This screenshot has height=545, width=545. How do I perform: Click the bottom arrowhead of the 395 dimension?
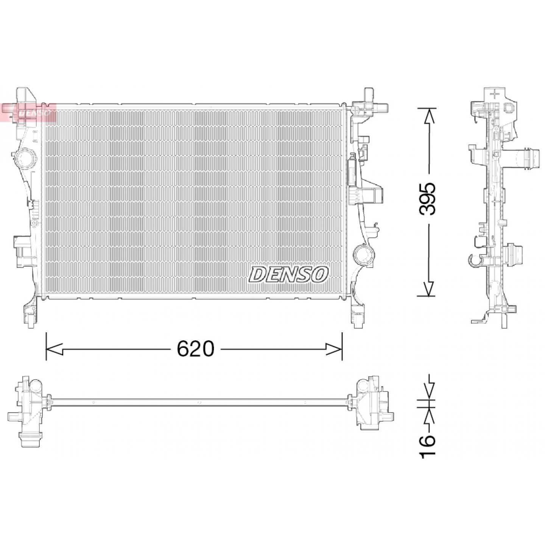pyautogui.click(x=429, y=288)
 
